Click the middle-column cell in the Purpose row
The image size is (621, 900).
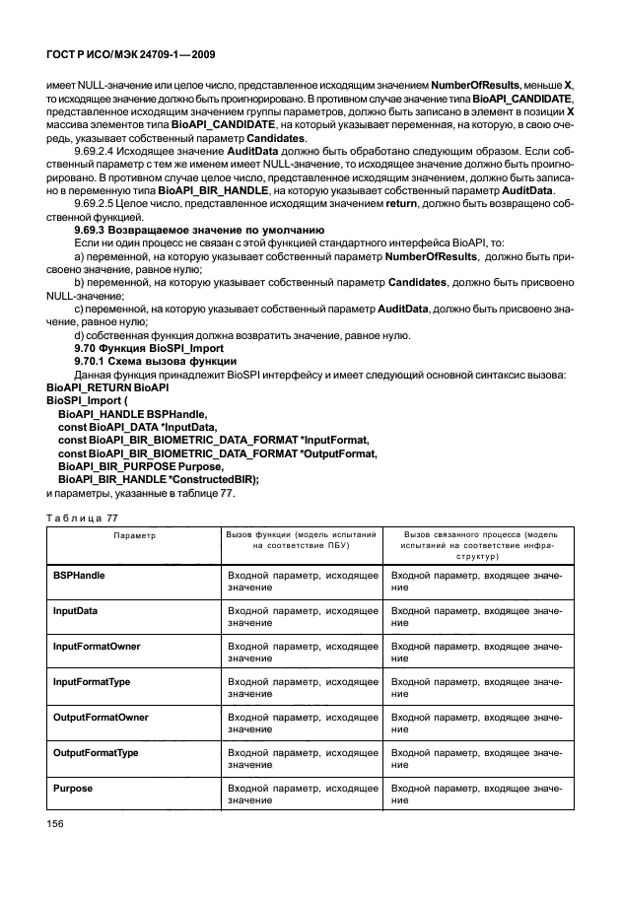click(x=301, y=796)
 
